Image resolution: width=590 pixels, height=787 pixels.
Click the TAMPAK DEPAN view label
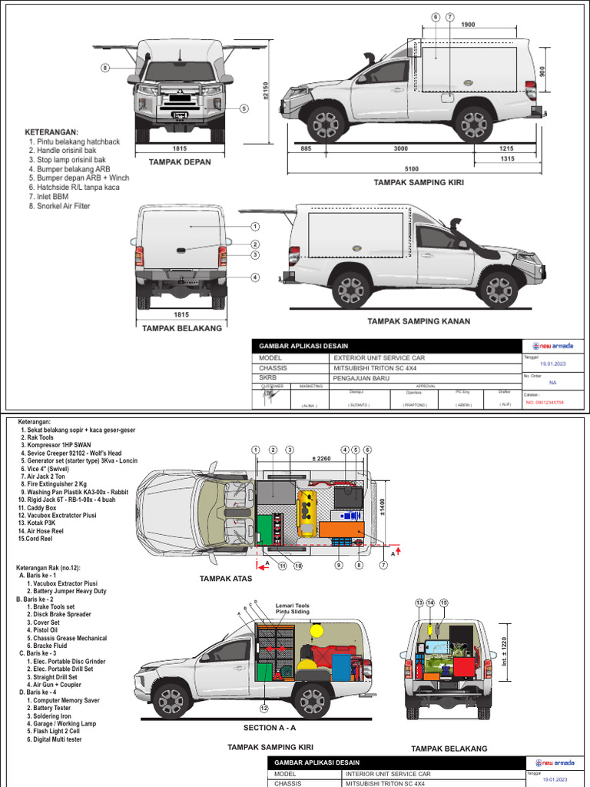click(x=180, y=162)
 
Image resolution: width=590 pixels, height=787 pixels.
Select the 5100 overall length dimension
click(x=412, y=169)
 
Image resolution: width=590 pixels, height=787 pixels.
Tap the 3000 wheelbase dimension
click(x=400, y=148)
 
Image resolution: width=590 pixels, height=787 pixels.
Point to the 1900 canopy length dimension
click(x=468, y=25)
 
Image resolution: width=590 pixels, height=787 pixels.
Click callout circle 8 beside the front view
click(x=105, y=68)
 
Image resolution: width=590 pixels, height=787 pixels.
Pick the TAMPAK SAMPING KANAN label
click(x=418, y=320)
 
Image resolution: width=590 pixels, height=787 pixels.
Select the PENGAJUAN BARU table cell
click(x=361, y=378)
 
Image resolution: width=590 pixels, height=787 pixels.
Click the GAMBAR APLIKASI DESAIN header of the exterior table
click(x=303, y=347)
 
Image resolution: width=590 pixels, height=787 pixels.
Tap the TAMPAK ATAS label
click(x=226, y=578)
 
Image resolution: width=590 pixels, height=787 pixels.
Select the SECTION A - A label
click(x=270, y=728)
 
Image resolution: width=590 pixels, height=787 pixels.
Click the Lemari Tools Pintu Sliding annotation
click(x=293, y=609)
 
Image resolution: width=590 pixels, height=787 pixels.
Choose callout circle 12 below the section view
click(x=265, y=708)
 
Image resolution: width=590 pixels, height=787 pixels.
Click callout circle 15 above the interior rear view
click(x=443, y=603)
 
